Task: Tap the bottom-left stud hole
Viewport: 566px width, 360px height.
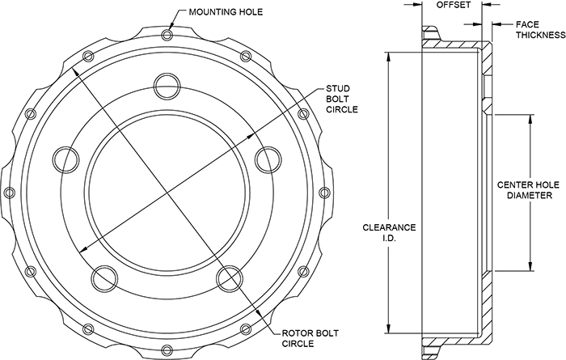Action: [x=103, y=277]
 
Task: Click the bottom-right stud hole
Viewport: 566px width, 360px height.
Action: [x=228, y=277]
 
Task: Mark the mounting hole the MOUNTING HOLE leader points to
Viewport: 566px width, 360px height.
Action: [x=167, y=35]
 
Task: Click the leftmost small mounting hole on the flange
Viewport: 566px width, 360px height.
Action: [x=10, y=192]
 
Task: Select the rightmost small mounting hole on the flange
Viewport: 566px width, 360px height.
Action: [x=323, y=192]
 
